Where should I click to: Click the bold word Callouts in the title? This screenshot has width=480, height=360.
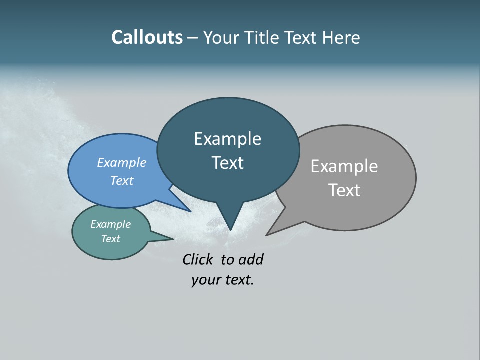(147, 37)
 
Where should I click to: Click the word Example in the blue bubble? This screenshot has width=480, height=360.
(121, 162)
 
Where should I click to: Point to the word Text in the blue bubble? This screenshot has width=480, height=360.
(121, 180)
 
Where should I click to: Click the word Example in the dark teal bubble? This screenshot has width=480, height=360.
(227, 139)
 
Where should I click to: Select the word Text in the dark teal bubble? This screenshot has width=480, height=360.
(227, 163)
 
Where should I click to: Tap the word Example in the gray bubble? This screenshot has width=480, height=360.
(344, 166)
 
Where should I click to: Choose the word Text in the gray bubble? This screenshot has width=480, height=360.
(344, 190)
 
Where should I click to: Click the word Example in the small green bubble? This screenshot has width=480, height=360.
(110, 224)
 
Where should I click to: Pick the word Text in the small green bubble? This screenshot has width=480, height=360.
(110, 239)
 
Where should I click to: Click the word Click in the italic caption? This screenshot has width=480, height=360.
(197, 259)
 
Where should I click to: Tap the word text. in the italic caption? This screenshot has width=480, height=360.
(237, 280)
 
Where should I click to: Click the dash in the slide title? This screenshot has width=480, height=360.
(193, 38)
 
